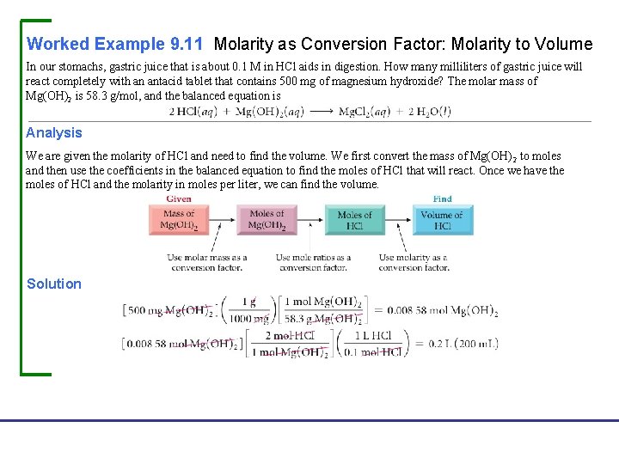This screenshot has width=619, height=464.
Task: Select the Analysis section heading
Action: click(54, 132)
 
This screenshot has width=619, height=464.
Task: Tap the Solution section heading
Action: click(54, 284)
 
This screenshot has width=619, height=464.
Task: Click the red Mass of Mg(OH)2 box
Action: click(179, 220)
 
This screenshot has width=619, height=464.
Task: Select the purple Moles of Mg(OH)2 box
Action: click(267, 220)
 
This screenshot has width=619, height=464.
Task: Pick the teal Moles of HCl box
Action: click(354, 220)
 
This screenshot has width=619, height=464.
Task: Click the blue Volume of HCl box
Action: click(442, 220)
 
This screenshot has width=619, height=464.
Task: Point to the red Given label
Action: click(179, 198)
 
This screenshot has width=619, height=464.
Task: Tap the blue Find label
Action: click(442, 198)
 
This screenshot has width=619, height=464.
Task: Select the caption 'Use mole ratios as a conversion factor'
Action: click(313, 262)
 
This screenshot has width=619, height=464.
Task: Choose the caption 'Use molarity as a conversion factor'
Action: click(414, 262)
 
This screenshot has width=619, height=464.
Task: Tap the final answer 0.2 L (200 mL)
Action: click(456, 344)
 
